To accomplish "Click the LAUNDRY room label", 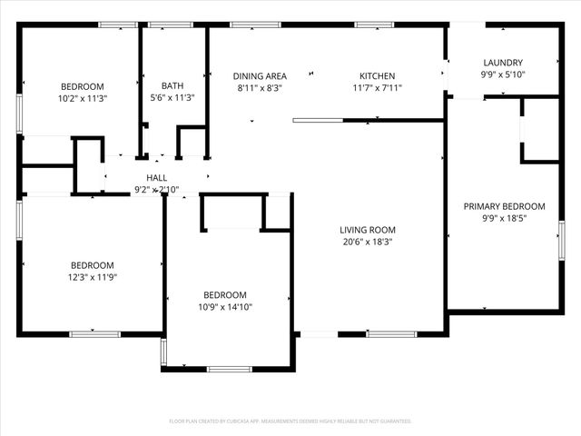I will click(501, 63).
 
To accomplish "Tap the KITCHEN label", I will click(377, 76).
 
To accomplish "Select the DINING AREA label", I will click(260, 76).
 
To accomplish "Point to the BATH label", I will click(172, 86).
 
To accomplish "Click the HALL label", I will click(156, 178).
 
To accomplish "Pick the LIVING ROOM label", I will click(368, 230).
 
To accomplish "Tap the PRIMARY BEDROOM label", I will click(504, 206).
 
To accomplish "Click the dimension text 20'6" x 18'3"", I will click(368, 243).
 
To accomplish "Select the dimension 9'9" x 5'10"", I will click(501, 74).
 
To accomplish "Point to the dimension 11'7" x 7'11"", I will click(377, 88).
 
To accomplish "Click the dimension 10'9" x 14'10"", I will click(224, 307).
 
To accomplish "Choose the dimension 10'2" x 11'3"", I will click(82, 98).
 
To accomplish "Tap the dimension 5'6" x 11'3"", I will click(172, 98).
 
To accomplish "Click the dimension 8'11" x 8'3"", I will click(260, 88).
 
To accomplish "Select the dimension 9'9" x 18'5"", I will click(504, 218).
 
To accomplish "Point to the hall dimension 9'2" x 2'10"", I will click(156, 190).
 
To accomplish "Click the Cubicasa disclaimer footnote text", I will click(290, 421).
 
